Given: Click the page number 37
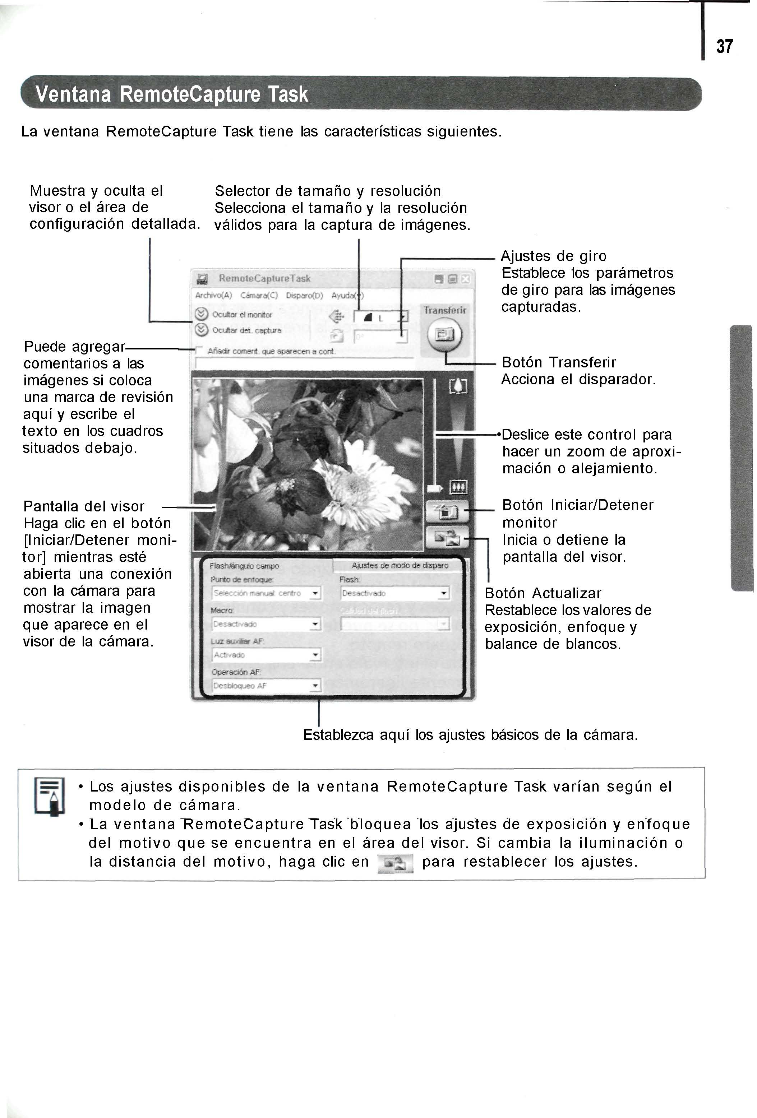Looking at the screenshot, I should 724,47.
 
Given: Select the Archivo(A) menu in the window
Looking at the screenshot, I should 213,295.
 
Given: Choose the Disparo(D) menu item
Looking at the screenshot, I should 304,295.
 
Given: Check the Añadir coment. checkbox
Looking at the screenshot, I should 198,350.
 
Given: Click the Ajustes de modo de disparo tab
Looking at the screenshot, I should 400,566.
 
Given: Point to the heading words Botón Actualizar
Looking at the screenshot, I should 543,594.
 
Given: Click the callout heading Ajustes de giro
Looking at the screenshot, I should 553,256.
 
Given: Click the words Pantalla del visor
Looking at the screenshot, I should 84,506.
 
